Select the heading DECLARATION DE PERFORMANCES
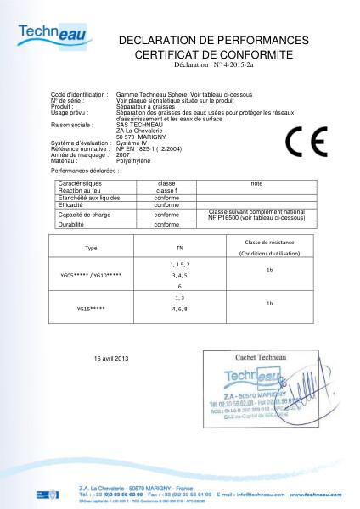pyautogui.click(x=213, y=40)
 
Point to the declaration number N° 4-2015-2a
pyautogui.click(x=214, y=64)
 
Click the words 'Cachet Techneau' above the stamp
pyautogui.click(x=256, y=359)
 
